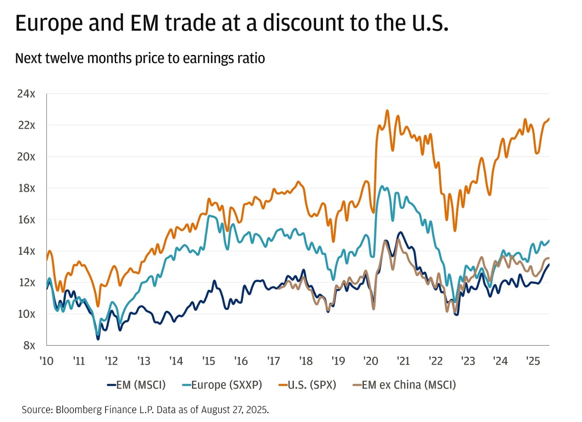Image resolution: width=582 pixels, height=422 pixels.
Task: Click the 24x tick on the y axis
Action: (26, 94)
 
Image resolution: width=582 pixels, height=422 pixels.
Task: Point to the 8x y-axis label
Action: (29, 346)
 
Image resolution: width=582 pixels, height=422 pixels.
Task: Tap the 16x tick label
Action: (26, 220)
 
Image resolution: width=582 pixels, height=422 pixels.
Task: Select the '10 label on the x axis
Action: (46, 361)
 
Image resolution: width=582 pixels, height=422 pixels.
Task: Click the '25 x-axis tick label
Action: (533, 361)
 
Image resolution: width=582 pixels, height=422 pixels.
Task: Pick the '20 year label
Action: (371, 361)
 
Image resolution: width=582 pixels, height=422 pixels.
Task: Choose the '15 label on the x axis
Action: (208, 361)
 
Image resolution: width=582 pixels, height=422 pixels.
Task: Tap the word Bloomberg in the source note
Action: (78, 410)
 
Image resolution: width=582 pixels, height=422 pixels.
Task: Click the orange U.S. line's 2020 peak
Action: (387, 111)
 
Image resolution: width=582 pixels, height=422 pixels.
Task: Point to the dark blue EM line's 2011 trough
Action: (98, 339)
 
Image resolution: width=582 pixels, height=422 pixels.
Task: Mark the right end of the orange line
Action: (549, 119)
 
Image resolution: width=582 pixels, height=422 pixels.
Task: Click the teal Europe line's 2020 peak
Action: (382, 186)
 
